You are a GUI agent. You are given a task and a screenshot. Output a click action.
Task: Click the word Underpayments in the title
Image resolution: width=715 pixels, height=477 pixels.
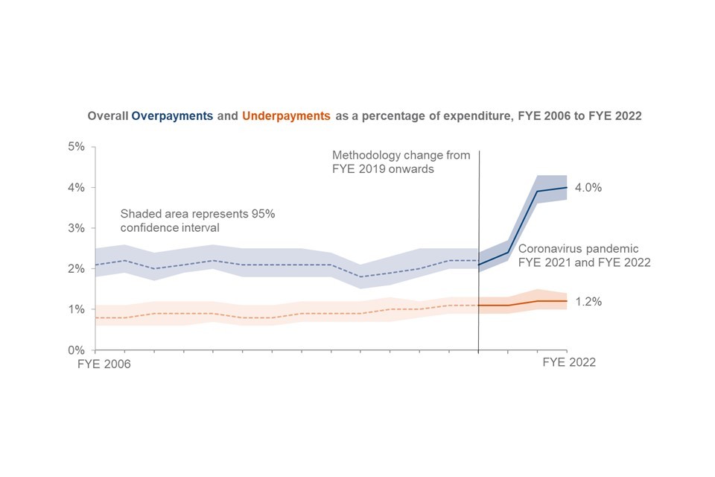286,116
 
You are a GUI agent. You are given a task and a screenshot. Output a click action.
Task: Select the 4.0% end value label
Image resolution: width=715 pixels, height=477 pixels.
588,188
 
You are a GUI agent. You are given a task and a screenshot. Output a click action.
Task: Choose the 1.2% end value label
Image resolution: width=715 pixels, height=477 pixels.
588,302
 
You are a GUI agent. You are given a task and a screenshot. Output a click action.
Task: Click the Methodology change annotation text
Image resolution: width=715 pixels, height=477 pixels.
401,162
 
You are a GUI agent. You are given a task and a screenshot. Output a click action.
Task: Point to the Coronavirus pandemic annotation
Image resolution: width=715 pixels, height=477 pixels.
584,255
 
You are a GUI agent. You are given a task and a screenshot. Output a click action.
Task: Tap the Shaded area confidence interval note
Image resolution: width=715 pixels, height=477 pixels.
197,221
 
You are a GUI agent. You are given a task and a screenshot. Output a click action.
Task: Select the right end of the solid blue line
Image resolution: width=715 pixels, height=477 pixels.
567,187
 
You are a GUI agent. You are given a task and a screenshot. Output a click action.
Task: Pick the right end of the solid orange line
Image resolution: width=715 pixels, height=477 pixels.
567,301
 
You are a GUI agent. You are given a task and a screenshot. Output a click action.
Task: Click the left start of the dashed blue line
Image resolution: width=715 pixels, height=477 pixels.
95,265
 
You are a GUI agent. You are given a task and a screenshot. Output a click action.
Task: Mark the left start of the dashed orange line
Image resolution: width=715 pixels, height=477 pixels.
95,318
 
